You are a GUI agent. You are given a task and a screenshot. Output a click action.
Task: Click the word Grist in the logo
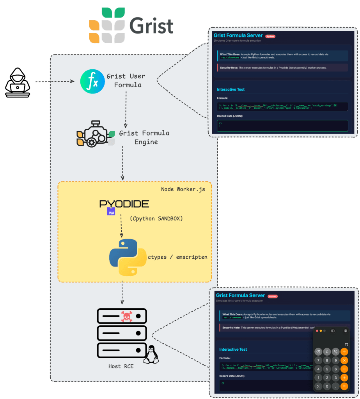tap(152, 26)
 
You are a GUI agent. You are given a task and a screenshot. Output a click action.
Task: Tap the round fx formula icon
tap(92, 81)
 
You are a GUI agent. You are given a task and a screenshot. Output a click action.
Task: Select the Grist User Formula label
tap(126, 80)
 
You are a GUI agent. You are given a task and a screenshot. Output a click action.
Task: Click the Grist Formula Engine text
tap(144, 138)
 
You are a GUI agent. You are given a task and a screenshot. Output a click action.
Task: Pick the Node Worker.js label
tap(183, 189)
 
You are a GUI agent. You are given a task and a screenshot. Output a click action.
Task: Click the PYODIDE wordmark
tap(124, 204)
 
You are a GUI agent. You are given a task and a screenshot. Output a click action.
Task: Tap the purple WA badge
tap(111, 212)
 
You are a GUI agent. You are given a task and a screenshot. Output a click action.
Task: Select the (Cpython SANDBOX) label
tap(156, 218)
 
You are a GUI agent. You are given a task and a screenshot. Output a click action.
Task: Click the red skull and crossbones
tap(127, 316)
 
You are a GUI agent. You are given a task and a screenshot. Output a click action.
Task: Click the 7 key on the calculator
tap(319, 360)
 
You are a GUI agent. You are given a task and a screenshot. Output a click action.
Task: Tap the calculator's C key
tap(327, 351)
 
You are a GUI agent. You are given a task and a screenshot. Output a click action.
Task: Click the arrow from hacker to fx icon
tap(55, 82)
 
